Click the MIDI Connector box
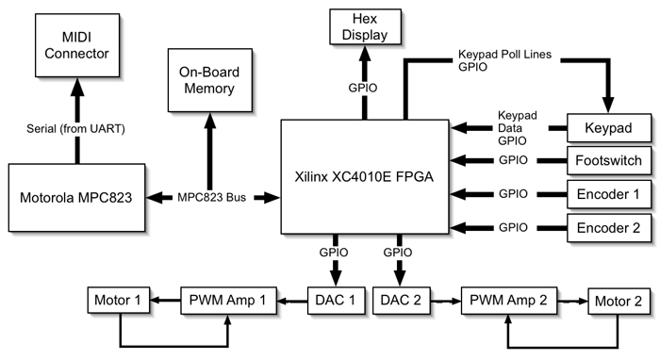point(76,45)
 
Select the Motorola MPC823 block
point(76,198)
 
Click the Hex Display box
point(364,28)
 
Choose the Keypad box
point(608,127)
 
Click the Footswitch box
point(608,160)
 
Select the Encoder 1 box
point(608,194)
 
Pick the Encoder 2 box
point(608,227)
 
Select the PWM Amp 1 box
point(229,301)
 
